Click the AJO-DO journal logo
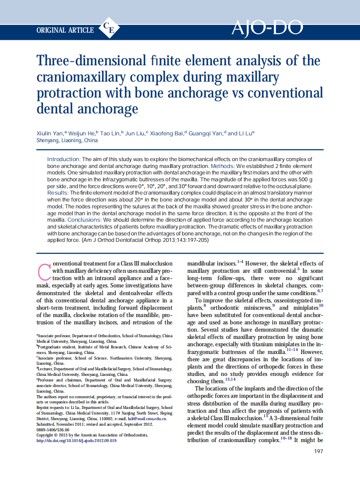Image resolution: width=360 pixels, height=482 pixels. coord(267,28)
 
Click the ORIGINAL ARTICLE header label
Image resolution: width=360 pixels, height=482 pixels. coord(65,30)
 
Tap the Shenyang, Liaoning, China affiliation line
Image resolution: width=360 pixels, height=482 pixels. coord(67,140)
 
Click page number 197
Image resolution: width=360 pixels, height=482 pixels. coord(318,451)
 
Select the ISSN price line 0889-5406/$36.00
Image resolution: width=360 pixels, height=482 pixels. coord(53,429)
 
